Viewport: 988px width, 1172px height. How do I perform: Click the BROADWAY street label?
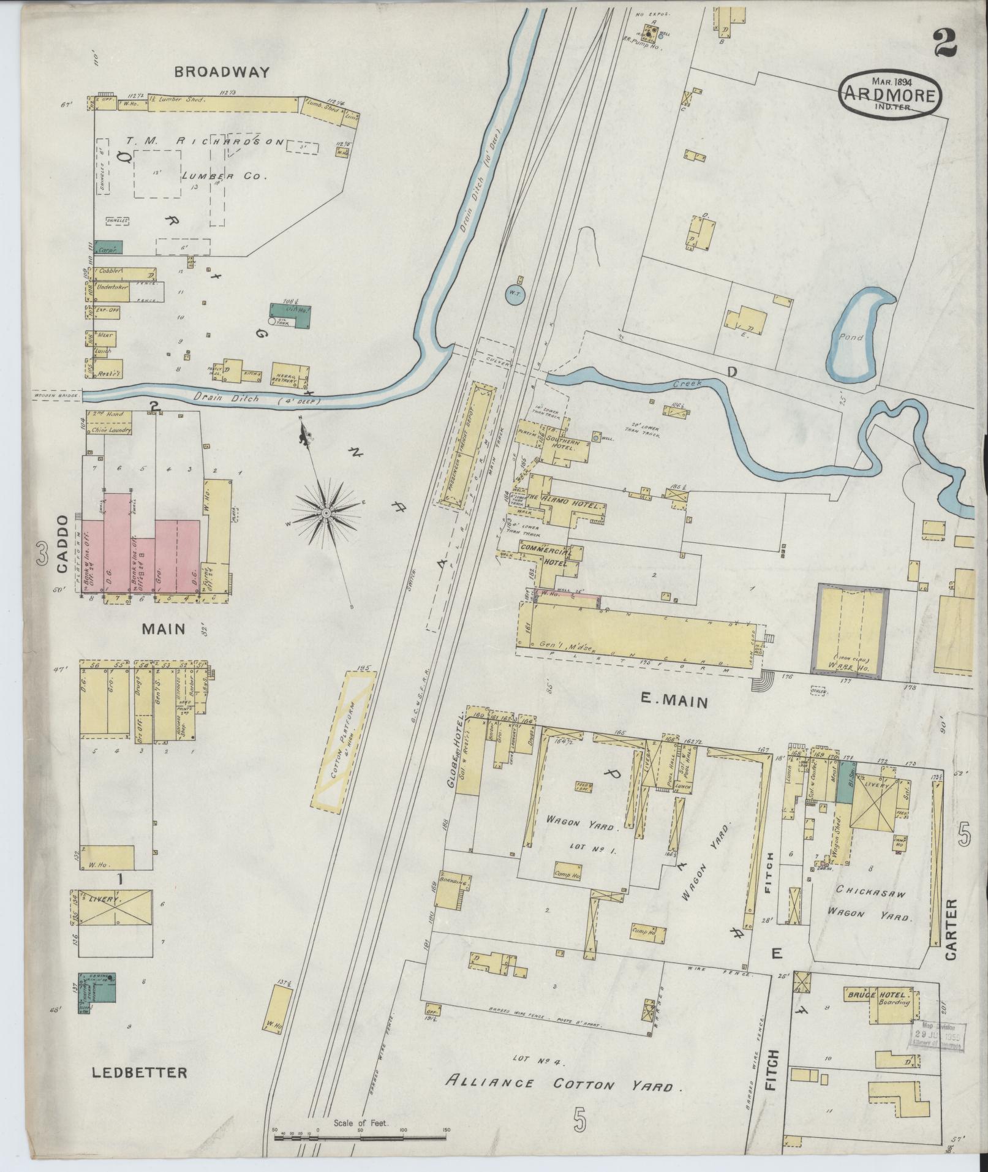coord(222,72)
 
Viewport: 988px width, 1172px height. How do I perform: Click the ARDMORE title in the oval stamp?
coord(890,96)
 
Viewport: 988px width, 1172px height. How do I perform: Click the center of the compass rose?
coord(327,511)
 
